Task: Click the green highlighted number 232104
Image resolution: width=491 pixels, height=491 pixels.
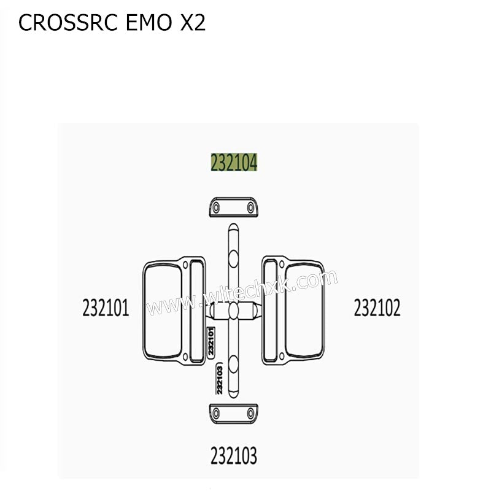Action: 234,163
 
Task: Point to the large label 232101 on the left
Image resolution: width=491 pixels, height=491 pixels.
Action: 106,307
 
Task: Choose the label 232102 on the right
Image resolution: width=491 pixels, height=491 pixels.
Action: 377,307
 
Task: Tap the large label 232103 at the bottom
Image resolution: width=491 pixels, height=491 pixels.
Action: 233,456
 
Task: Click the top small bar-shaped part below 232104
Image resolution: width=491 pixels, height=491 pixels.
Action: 233,207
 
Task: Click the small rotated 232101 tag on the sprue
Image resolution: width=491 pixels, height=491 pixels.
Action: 211,341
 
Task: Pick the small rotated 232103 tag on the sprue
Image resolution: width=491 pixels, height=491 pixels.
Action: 219,379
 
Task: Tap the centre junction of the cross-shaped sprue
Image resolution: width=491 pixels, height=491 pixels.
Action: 233,313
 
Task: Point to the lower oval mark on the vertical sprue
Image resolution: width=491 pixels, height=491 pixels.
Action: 233,366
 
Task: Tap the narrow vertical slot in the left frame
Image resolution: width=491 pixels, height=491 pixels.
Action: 196,311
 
